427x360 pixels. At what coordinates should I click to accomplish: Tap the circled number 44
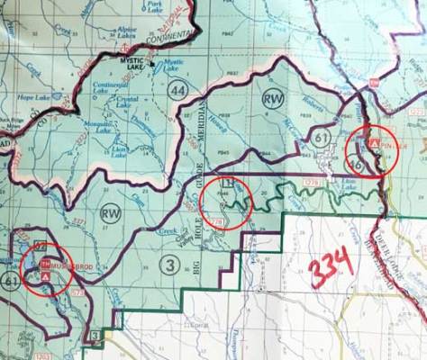coord(177,89)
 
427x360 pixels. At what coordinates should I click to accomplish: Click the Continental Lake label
coord(110,86)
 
